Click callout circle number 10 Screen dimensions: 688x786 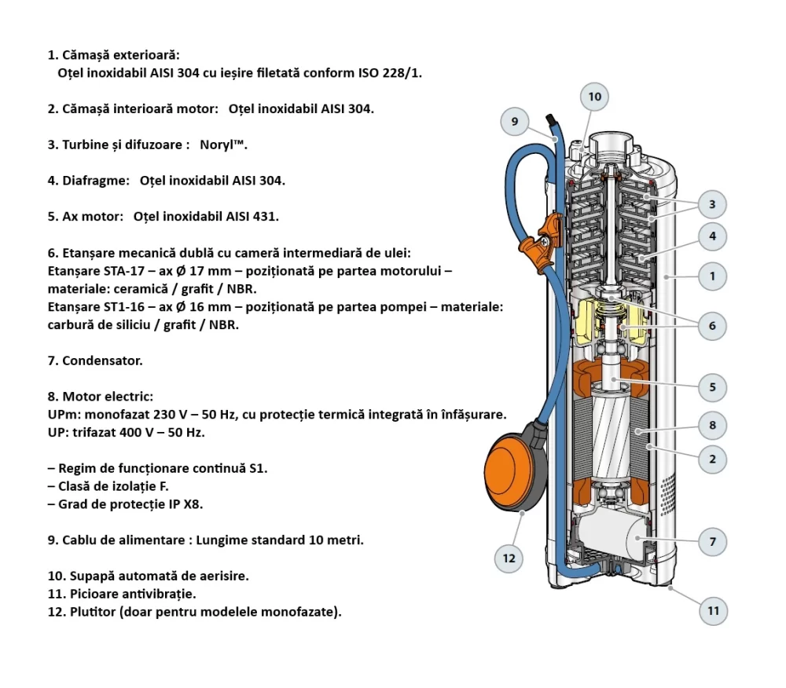pos(594,97)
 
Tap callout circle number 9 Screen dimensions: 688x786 pos(515,122)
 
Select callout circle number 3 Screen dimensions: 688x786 pos(712,205)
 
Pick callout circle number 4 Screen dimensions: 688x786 pos(712,236)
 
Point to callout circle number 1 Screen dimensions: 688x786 pos(712,276)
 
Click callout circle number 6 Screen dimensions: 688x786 pos(712,325)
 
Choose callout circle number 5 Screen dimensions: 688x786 pos(712,386)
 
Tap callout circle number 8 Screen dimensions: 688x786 pos(712,426)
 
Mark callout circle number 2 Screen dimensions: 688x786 pos(712,459)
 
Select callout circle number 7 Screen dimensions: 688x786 pos(712,541)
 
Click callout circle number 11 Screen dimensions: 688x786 pos(713,610)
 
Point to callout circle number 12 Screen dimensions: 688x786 pos(509,558)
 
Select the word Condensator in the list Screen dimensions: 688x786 pos(102,361)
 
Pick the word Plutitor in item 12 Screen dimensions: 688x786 pos(90,612)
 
